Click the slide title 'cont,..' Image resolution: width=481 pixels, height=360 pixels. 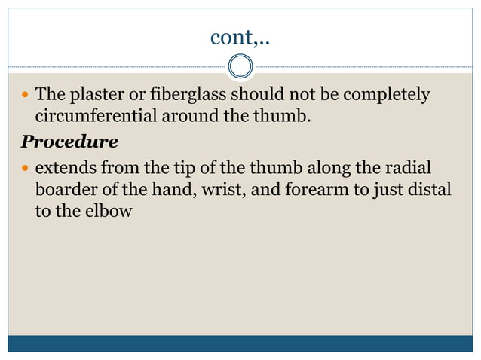click(240, 35)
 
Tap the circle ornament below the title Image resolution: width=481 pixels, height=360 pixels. click(240, 66)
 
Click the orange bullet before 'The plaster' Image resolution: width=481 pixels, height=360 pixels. click(26, 96)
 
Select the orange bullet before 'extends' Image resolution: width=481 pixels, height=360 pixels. click(26, 167)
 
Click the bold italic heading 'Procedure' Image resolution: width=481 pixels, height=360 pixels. click(69, 142)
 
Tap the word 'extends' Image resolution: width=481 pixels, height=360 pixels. click(66, 167)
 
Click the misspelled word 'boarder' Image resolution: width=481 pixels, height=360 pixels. click(66, 189)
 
